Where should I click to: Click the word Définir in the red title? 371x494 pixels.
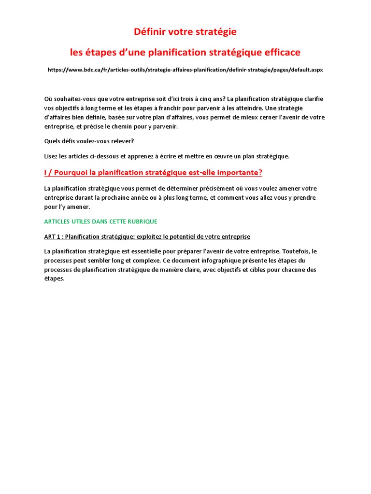pos(151,32)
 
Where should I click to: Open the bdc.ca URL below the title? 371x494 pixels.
pos(185,70)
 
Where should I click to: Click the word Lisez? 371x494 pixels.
pos(52,156)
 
